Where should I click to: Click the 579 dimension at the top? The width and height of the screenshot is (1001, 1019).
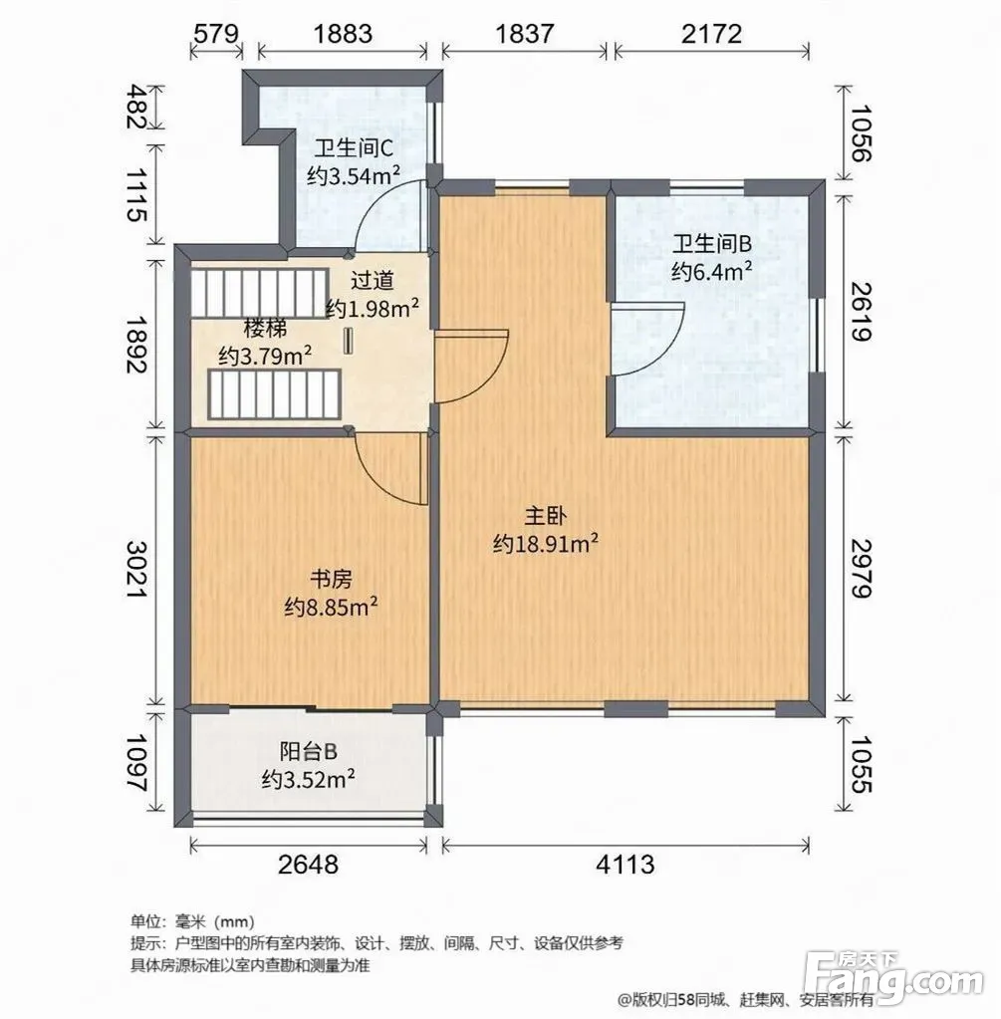[216, 33]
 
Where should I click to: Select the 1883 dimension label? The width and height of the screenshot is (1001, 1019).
[344, 33]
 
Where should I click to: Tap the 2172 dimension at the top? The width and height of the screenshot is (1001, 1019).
[711, 33]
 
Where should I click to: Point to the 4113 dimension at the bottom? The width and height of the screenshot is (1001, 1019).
[626, 865]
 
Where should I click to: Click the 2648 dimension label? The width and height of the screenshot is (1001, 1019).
[308, 865]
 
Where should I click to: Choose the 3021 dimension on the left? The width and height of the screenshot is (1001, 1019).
[138, 570]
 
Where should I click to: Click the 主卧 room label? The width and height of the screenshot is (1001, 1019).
[546, 516]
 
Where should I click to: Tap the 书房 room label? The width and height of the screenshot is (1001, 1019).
[331, 579]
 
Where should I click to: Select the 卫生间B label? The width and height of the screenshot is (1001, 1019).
[712, 244]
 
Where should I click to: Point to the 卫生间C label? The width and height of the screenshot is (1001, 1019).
[354, 148]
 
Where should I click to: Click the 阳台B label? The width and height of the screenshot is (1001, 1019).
[308, 751]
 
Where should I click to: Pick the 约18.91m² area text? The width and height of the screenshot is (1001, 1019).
[546, 543]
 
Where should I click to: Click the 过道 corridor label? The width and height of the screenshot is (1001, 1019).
[372, 281]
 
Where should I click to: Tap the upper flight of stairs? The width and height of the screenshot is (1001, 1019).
[259, 294]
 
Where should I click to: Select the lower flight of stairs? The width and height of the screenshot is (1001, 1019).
[274, 394]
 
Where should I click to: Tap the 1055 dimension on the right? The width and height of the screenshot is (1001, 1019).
[859, 764]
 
